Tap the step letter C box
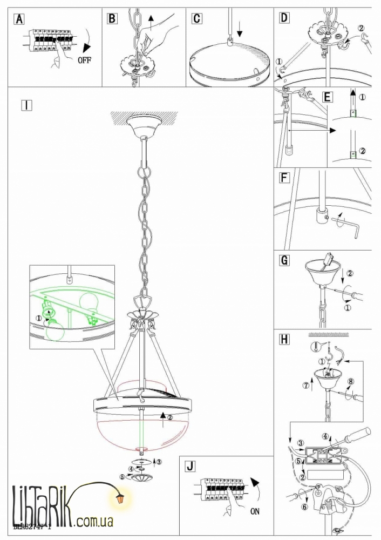(196, 18)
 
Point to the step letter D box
(284, 18)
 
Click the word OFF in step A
(85, 59)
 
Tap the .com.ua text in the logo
(94, 522)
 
